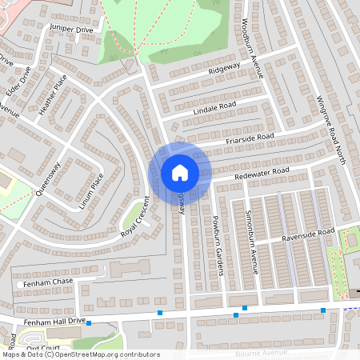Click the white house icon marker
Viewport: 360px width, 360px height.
pos(180,172)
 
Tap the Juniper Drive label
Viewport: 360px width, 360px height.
pos(71,29)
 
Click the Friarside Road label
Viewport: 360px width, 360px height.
pos(250,138)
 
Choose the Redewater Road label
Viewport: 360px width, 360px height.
pos(262,172)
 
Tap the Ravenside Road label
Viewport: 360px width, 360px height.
pos(308,234)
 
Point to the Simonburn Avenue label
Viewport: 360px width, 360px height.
pos(251,249)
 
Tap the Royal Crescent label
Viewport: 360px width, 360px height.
pos(135,216)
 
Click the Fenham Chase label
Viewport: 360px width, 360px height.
pos(46,282)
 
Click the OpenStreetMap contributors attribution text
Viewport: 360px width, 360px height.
pos(110,354)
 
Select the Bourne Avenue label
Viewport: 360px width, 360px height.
pos(261,353)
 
